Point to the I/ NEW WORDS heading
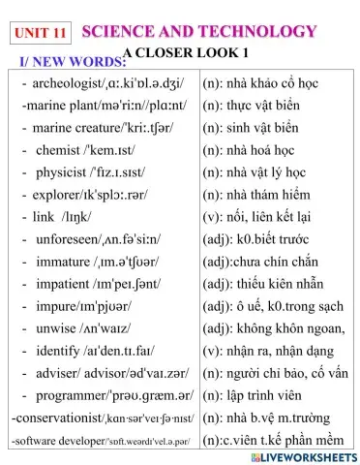coord(67,63)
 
